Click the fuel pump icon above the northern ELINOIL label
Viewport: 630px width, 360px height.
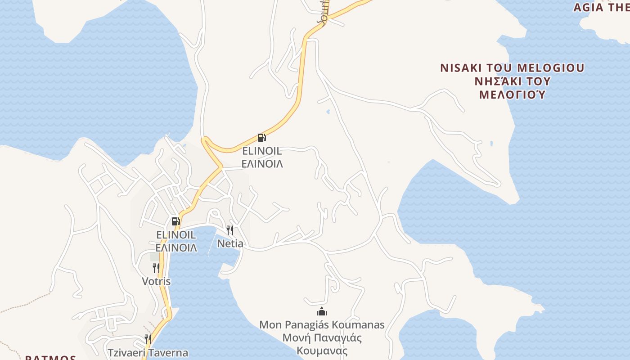[261, 137]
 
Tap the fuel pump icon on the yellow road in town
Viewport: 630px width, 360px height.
[175, 221]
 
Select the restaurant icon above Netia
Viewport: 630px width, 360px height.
[230, 230]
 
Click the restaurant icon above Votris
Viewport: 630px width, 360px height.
[156, 268]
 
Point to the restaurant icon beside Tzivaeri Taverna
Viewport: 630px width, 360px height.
[148, 339]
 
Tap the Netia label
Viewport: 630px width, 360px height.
[230, 244]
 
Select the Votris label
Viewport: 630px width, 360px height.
[156, 282]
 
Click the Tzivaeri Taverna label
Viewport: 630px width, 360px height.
[148, 353]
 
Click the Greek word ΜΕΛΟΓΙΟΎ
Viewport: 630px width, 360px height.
[512, 95]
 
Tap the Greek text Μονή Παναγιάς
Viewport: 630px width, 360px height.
[322, 338]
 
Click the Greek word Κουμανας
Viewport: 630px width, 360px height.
[322, 351]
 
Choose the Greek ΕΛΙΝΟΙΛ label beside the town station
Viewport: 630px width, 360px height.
[176, 248]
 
